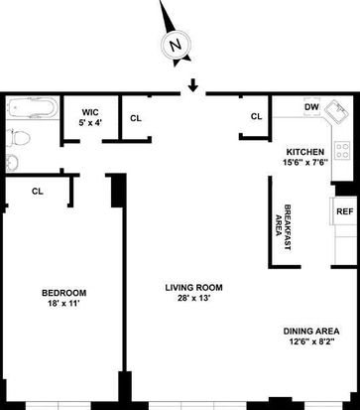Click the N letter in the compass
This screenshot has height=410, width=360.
click(x=176, y=45)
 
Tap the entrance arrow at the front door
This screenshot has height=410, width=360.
click(x=193, y=86)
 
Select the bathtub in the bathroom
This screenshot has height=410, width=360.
click(x=33, y=108)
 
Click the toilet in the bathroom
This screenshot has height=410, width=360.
click(x=18, y=138)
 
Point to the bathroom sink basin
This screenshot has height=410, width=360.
click(x=12, y=163)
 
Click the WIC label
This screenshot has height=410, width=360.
click(x=90, y=112)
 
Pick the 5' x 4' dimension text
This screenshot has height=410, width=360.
click(x=90, y=122)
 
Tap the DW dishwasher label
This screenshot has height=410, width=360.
click(x=311, y=107)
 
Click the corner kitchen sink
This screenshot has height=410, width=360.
click(x=336, y=112)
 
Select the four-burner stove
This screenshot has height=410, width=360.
click(x=342, y=150)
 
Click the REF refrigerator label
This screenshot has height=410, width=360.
click(x=345, y=211)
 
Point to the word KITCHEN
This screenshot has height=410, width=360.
click(x=305, y=152)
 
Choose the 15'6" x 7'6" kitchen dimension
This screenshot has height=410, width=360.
click(x=305, y=163)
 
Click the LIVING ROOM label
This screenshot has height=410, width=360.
click(x=193, y=288)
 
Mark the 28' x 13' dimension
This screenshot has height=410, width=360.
click(x=194, y=298)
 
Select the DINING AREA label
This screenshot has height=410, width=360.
click(x=311, y=332)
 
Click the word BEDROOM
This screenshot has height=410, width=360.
click(x=64, y=293)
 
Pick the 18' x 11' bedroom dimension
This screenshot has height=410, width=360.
click(x=64, y=303)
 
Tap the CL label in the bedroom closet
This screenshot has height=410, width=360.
click(x=38, y=192)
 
